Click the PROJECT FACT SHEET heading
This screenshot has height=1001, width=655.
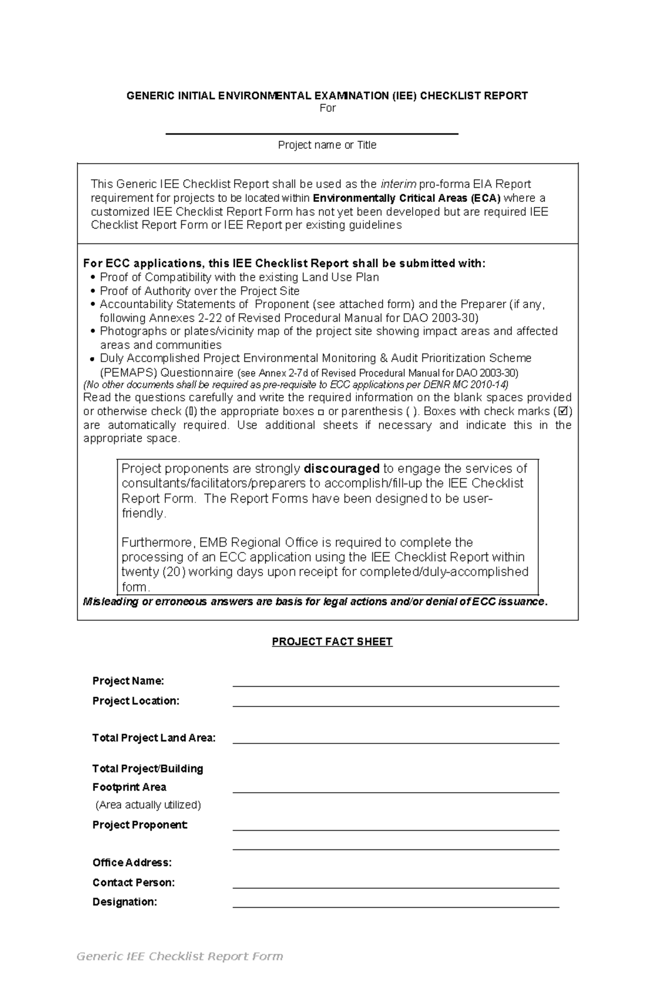pos(332,642)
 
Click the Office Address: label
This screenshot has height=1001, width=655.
pos(132,862)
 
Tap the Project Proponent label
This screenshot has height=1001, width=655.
pos(140,825)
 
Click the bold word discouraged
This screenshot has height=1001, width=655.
pos(342,469)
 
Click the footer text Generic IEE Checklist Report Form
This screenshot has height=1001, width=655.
pos(180,956)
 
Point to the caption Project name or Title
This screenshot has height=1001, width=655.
pos(327,145)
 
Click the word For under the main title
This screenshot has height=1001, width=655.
pos(327,108)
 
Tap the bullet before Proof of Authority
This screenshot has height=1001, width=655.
pos(93,291)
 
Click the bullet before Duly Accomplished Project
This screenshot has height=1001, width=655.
pos(93,359)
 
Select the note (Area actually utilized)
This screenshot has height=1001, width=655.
pos(148,805)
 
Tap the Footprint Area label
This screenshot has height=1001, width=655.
pos(129,787)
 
